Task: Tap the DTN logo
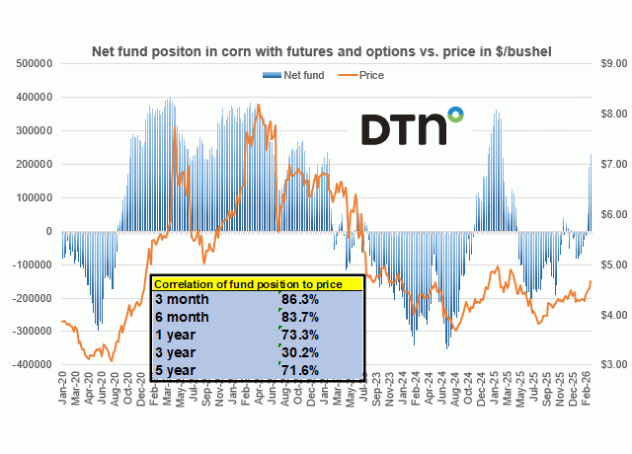[x=412, y=126]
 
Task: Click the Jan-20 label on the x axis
[x=62, y=386]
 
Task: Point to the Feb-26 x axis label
[x=591, y=386]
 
